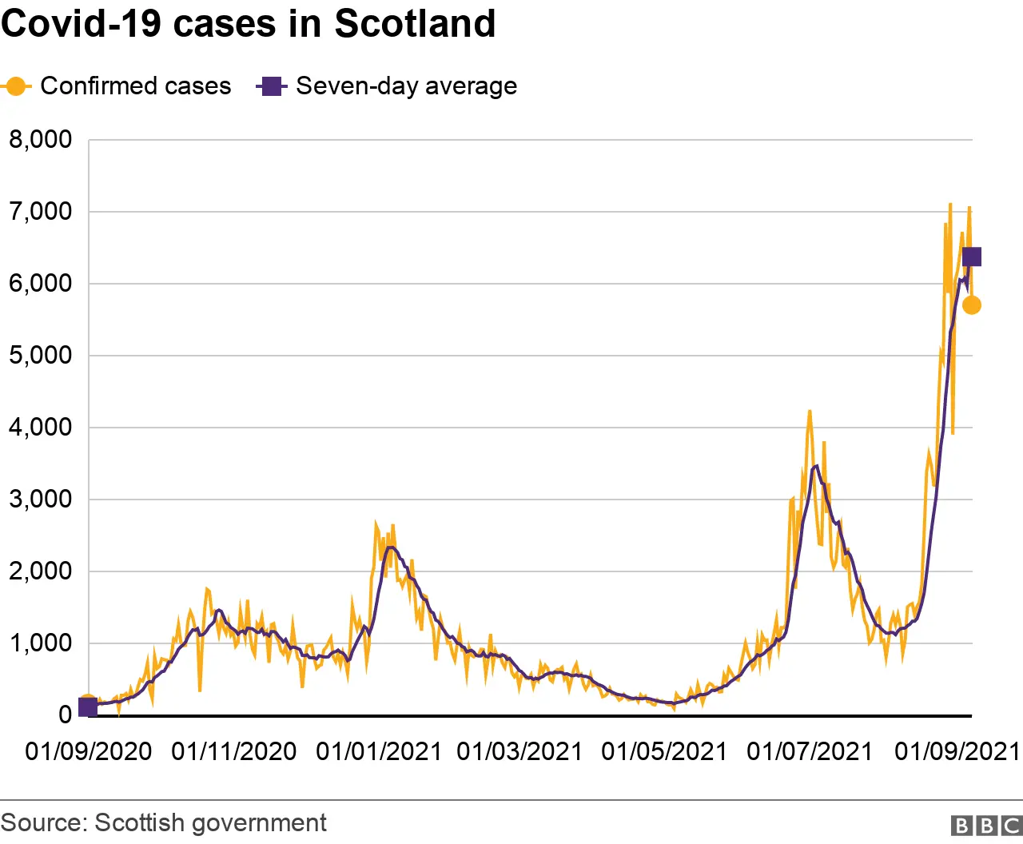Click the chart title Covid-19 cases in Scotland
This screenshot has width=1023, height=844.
248,24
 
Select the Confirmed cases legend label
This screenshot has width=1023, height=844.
135,86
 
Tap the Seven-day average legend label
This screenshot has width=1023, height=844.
406,86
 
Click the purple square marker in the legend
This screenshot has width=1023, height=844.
272,86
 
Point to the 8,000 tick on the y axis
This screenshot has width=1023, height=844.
40,140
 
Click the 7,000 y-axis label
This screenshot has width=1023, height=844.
40,212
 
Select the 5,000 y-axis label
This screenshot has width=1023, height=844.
40,356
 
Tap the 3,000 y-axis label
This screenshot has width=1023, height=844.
40,500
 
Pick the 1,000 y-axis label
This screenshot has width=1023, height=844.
40,643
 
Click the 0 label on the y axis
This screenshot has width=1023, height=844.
65,715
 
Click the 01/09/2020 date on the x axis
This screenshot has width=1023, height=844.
89,752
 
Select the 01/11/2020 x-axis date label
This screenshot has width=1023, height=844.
234,752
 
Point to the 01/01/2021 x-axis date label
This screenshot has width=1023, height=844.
379,752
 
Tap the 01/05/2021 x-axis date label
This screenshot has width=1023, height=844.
664,752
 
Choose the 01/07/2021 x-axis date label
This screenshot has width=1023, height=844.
810,752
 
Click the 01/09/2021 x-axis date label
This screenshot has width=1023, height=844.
957,752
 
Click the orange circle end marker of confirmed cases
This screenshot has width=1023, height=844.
971,305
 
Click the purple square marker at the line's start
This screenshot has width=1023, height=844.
88,707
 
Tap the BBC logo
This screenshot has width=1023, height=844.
986,825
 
